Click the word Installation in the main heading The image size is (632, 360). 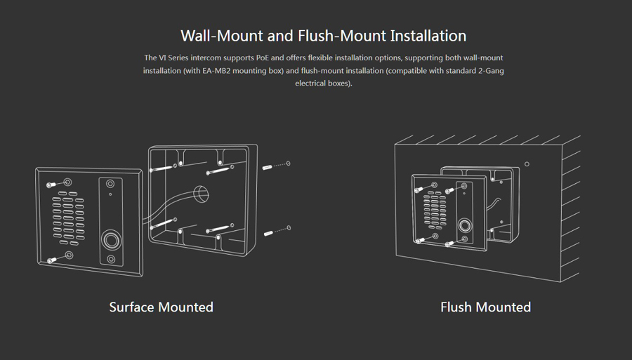(428, 36)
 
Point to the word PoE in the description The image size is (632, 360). (263, 58)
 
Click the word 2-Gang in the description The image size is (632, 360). (492, 71)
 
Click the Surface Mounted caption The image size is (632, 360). (162, 307)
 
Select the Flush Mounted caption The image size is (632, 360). (486, 307)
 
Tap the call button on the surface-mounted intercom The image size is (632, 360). (111, 241)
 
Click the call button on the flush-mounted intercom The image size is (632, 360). (465, 225)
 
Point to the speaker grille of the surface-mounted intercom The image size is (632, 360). (67, 218)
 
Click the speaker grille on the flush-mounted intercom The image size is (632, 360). (435, 211)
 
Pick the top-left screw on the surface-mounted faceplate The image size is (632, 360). (51, 185)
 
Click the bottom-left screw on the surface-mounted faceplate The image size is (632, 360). (51, 260)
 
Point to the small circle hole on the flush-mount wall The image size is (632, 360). (527, 164)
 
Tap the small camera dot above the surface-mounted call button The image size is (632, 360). (110, 194)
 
